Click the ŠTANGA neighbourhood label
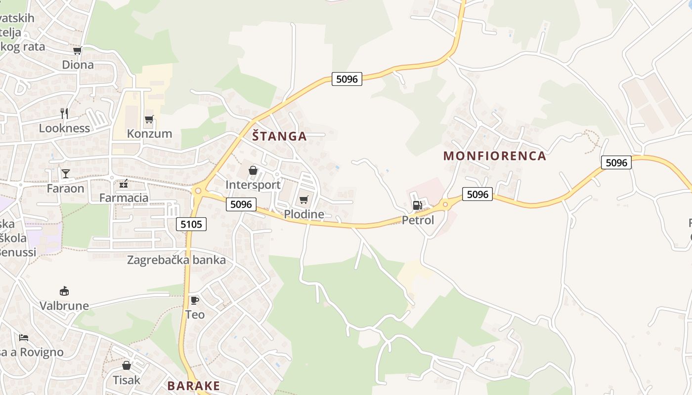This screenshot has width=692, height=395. point(279,136)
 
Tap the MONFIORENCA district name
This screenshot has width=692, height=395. point(494,156)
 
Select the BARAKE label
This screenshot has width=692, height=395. point(193,386)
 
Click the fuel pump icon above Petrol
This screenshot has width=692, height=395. point(417,205)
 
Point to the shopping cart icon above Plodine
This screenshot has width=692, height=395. point(303,199)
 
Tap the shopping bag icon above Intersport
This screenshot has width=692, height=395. point(253,170)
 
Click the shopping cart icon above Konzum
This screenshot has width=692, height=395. point(149,119)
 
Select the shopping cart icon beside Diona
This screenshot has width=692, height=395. point(77,50)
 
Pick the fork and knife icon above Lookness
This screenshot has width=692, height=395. point(64,114)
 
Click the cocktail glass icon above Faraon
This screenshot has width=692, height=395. point(65,173)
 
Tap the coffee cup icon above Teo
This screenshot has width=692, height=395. point(195,300)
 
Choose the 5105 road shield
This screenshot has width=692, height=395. point(191,224)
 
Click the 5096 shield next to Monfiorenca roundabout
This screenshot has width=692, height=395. point(477,194)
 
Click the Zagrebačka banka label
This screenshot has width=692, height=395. point(176,260)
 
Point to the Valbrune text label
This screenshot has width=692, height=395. point(64,306)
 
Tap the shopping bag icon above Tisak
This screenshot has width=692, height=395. point(127,365)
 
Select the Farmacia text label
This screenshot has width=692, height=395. point(124,198)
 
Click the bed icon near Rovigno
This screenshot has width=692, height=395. point(24,338)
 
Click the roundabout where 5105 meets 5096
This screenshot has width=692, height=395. point(198,191)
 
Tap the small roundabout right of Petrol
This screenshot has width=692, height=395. point(445,204)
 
